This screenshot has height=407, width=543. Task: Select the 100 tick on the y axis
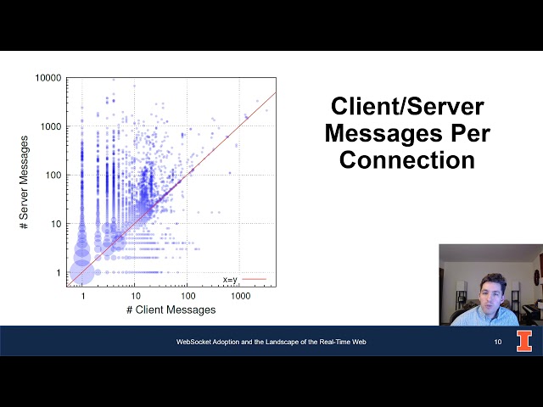click(54, 175)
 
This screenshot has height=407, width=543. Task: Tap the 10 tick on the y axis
click(57, 224)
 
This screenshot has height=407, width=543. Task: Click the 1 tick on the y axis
click(59, 273)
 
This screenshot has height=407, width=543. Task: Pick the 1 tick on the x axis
click(83, 297)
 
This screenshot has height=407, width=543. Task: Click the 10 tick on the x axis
click(136, 297)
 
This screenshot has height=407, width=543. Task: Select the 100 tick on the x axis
click(188, 297)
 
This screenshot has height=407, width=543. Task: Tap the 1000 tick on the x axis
click(240, 297)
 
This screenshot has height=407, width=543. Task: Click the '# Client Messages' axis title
click(171, 310)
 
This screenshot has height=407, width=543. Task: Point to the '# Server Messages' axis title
click(25, 181)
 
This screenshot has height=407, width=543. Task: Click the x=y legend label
click(230, 279)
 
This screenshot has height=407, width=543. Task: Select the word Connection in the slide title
click(407, 159)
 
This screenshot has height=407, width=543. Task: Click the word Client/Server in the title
click(407, 107)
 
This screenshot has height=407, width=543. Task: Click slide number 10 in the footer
click(498, 342)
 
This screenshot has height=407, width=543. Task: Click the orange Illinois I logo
click(525, 341)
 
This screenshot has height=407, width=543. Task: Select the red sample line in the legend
click(254, 279)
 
